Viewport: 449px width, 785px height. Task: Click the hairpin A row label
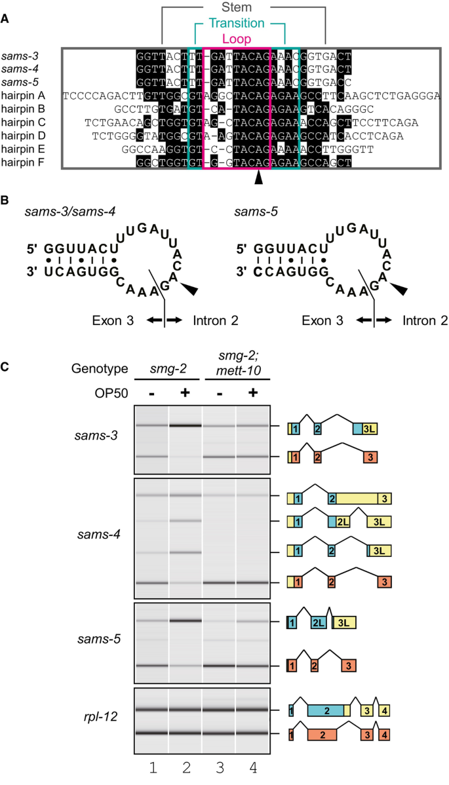tap(23, 95)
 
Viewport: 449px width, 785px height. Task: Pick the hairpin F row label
tap(23, 161)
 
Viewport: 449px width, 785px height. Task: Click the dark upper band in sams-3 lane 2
tap(185, 425)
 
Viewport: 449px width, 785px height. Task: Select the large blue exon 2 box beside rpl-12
tap(326, 710)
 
